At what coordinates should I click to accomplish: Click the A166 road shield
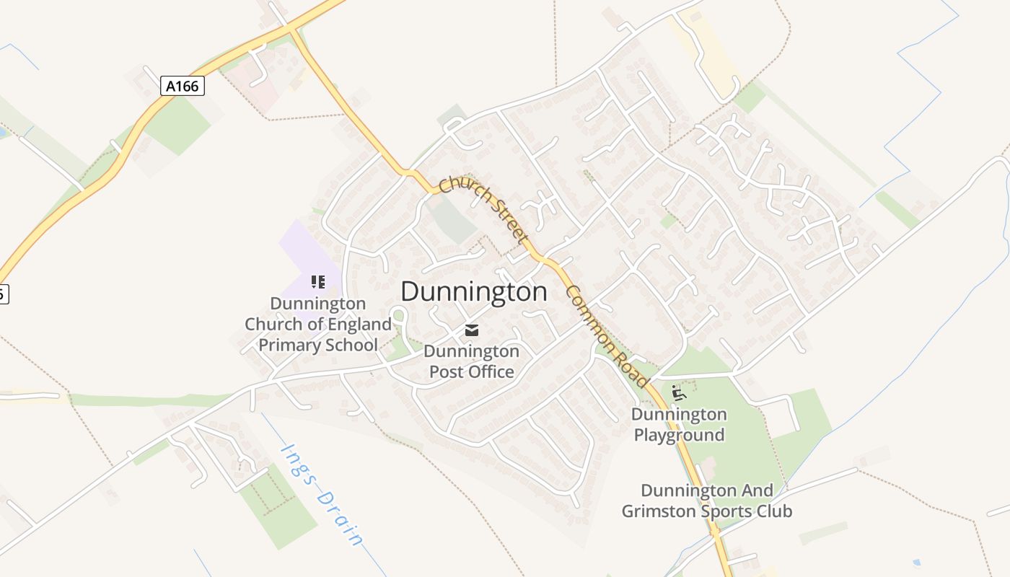click(x=182, y=87)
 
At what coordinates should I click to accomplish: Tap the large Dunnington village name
click(x=473, y=292)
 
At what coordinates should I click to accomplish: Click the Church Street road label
click(x=484, y=210)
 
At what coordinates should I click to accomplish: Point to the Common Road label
click(x=607, y=336)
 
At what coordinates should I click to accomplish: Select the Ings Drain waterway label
click(x=322, y=495)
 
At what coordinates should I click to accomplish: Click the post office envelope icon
click(x=472, y=330)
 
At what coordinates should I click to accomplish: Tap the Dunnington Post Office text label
click(x=471, y=361)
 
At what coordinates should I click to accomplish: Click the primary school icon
click(x=317, y=281)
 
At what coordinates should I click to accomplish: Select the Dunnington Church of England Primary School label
click(x=317, y=324)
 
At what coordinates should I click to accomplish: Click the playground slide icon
click(x=678, y=393)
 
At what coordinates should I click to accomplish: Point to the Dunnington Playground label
click(x=679, y=425)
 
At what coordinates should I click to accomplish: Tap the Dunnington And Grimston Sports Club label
click(x=707, y=501)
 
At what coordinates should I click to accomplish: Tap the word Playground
click(x=679, y=435)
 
